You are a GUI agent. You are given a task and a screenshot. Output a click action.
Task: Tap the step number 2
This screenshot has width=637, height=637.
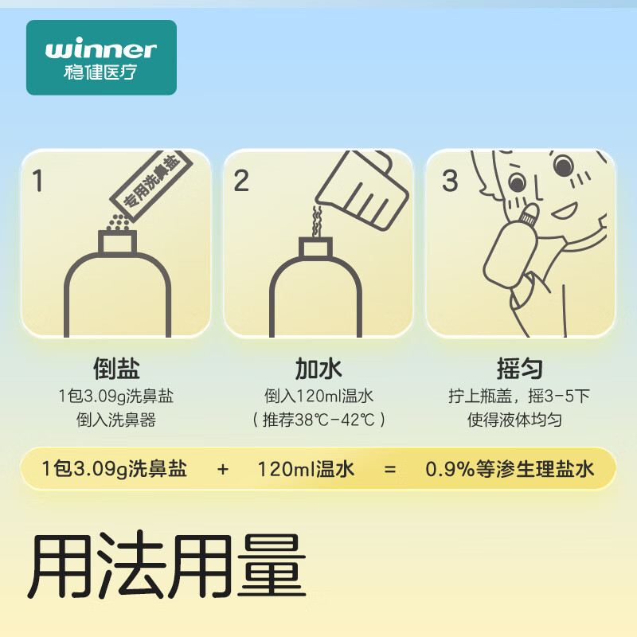pyautogui.click(x=241, y=181)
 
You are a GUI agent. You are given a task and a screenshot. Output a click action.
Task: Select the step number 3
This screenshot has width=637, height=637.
pyautogui.click(x=450, y=181)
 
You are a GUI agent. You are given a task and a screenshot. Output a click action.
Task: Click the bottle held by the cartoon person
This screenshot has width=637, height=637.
pyautogui.click(x=509, y=248)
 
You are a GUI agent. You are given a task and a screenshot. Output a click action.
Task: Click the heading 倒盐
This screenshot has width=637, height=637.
pyautogui.click(x=116, y=369)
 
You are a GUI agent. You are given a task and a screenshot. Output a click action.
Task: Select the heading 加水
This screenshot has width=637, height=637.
pyautogui.click(x=318, y=369)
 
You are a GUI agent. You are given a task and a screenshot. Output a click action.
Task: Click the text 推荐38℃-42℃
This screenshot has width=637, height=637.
pyautogui.click(x=318, y=420)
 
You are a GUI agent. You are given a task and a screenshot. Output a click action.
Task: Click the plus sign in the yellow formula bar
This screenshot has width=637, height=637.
pyautogui.click(x=222, y=469)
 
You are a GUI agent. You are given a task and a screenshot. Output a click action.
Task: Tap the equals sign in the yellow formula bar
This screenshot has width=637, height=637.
pyautogui.click(x=389, y=469)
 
